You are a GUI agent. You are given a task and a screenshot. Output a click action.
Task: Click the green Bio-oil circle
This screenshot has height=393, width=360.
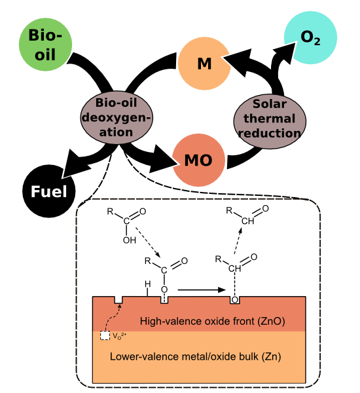[45, 45]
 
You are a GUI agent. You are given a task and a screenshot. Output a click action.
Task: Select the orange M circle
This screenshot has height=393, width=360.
[204, 64]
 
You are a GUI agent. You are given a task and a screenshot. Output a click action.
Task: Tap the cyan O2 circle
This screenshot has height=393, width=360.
[310, 37]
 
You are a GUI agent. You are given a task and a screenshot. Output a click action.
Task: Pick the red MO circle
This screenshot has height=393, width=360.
[199, 160]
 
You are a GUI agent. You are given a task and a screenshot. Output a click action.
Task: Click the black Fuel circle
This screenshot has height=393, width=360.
[49, 191]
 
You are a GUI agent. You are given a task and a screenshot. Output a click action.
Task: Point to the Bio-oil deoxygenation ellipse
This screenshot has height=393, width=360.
[117, 117]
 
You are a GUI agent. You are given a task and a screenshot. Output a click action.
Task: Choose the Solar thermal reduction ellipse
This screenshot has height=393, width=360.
[270, 121]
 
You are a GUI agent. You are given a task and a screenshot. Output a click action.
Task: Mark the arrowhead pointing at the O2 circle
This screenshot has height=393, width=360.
[284, 52]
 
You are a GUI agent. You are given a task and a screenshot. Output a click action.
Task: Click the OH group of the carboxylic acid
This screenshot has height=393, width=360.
[129, 240]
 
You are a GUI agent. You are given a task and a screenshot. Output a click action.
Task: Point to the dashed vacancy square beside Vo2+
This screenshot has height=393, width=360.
[105, 335]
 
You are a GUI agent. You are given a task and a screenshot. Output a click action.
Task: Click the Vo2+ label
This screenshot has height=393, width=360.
[120, 335]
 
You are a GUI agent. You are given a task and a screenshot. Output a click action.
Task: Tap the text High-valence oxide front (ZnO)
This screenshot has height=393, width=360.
[213, 321]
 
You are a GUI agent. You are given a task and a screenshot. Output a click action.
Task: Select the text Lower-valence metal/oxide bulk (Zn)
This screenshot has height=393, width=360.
[196, 356]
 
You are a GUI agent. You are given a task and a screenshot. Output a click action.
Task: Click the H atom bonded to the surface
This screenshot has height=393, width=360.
[148, 284]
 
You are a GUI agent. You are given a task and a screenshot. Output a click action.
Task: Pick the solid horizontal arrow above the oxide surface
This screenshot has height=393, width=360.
[202, 290]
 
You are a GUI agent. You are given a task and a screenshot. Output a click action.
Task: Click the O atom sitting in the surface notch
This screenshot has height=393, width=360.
[235, 300]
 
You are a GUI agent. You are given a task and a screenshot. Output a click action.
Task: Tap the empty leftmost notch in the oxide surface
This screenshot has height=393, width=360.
[118, 300]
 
